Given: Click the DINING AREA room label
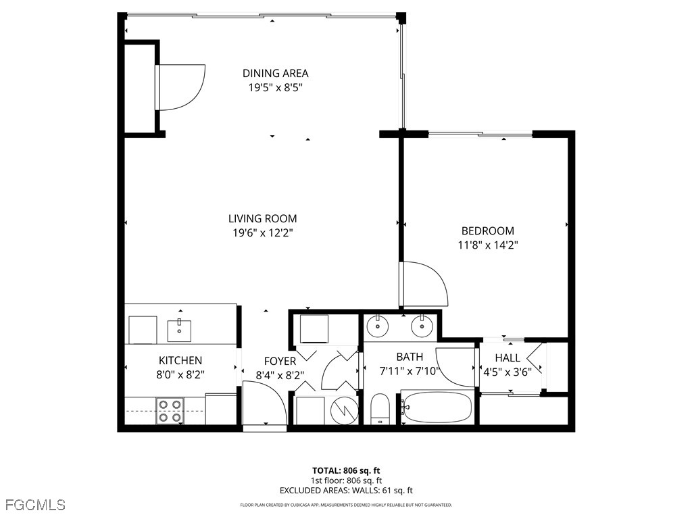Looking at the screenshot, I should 276,73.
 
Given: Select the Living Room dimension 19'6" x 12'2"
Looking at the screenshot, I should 262,232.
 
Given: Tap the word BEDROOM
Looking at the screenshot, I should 487,230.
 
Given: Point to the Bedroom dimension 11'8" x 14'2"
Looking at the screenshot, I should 487,245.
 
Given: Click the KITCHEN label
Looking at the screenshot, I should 180,361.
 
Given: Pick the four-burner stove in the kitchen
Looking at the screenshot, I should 170,411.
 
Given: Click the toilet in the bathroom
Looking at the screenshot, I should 380,410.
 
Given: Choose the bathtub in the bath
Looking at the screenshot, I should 437,407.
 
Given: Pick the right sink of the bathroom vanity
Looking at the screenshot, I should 422,326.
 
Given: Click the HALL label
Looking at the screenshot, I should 508,357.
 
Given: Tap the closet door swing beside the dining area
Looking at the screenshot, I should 181,86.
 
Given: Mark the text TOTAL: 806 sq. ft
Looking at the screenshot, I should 346,470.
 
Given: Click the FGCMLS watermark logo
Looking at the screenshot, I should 35,505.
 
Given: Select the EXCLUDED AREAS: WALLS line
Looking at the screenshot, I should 346,491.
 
